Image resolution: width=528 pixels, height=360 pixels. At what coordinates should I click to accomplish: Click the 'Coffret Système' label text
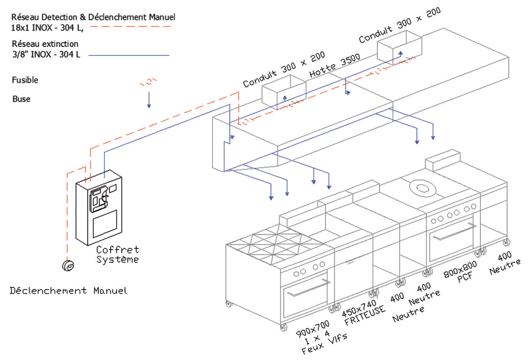tap(118, 255)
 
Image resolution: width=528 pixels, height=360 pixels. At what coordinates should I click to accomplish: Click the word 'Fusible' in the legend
tap(25, 80)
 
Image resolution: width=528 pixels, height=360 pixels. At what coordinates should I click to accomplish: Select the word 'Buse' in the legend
tap(21, 99)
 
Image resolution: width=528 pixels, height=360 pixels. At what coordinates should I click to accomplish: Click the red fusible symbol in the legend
tap(148, 82)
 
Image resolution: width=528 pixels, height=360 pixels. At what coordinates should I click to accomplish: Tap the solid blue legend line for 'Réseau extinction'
tap(128, 54)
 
